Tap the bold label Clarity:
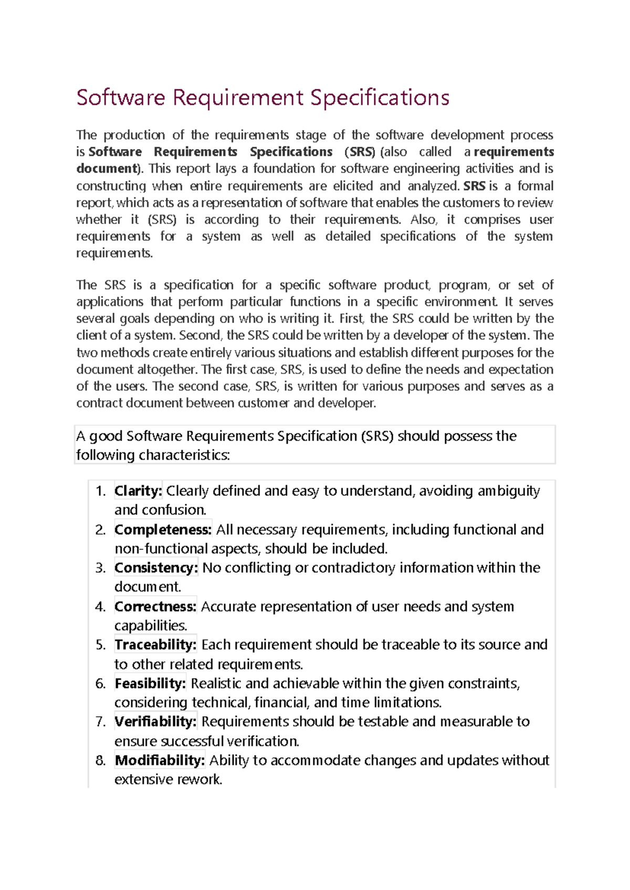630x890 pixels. [138, 491]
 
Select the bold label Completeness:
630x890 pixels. [163, 529]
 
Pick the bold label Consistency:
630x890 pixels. [156, 568]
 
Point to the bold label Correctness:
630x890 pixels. [155, 607]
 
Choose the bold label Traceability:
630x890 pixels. [155, 644]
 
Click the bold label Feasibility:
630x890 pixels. [150, 683]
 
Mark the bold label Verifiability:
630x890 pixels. [155, 722]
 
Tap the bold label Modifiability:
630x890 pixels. [160, 760]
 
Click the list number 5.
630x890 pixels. [100, 645]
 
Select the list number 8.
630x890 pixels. [100, 760]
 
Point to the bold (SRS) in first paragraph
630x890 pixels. [360, 152]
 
